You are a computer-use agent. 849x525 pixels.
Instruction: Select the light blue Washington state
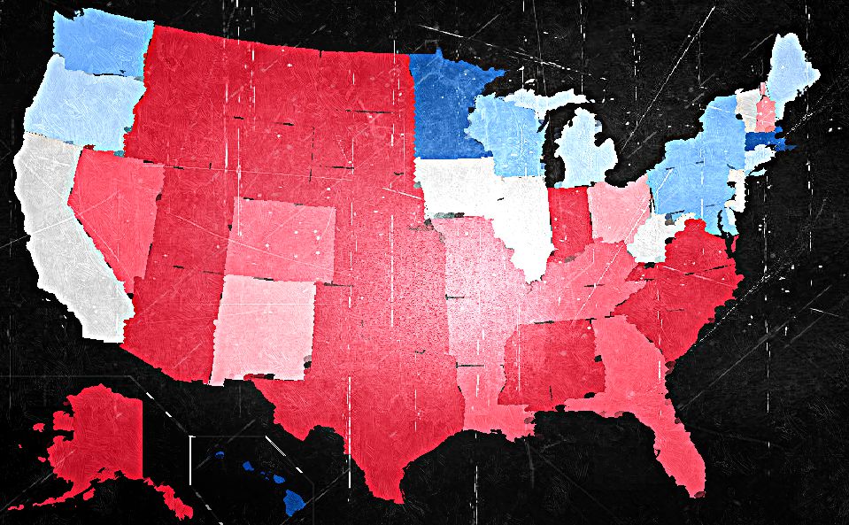click(x=102, y=44)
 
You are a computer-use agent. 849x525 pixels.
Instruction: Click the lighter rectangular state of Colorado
click(x=282, y=237)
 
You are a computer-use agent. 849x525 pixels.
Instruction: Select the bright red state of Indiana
click(x=569, y=217)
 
